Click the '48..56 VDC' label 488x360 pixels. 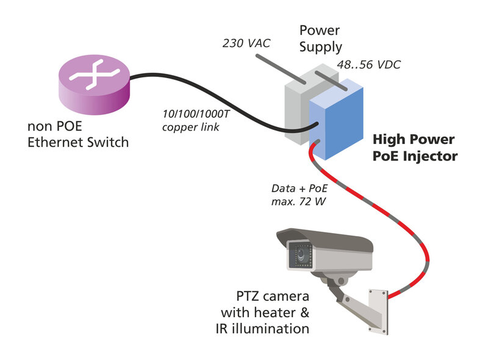point(369,65)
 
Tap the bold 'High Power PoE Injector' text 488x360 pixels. point(415,148)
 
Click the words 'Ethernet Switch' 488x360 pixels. point(78,143)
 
